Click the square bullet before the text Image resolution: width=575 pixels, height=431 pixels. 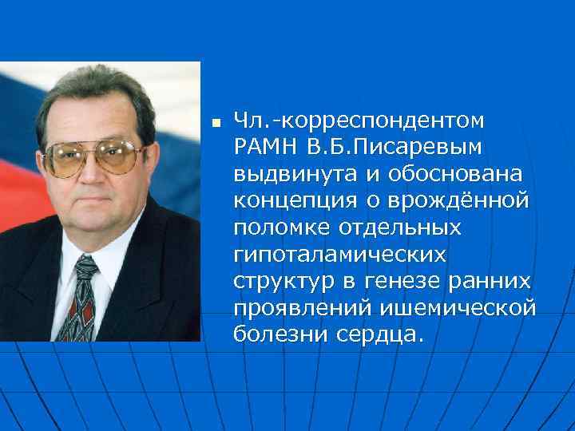(x=213, y=123)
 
